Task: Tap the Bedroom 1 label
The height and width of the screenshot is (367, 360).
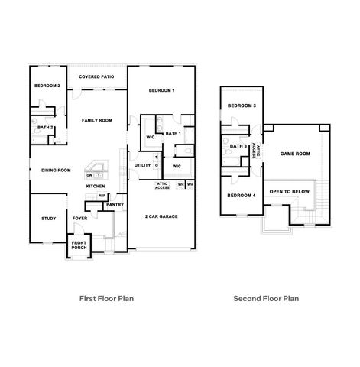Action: [162, 91]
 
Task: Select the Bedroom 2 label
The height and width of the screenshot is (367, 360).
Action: [47, 86]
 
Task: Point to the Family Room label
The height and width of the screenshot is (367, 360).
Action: [98, 120]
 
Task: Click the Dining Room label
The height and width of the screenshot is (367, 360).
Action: [56, 170]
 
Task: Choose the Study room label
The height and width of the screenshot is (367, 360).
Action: [48, 219]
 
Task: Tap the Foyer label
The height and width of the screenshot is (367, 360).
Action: [80, 219]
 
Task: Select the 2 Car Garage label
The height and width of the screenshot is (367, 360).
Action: [161, 216]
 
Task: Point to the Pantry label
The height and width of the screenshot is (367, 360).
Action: [115, 204]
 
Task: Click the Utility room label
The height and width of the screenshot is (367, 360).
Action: [142, 165]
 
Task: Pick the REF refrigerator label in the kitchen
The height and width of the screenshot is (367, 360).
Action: [102, 196]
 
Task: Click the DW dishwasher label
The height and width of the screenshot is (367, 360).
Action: [89, 175]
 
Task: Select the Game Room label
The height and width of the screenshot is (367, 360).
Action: [295, 154]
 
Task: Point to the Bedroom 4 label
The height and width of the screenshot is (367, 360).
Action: [242, 196]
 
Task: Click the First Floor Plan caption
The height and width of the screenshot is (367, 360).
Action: [107, 299]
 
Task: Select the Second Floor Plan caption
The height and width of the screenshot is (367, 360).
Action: [267, 299]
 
